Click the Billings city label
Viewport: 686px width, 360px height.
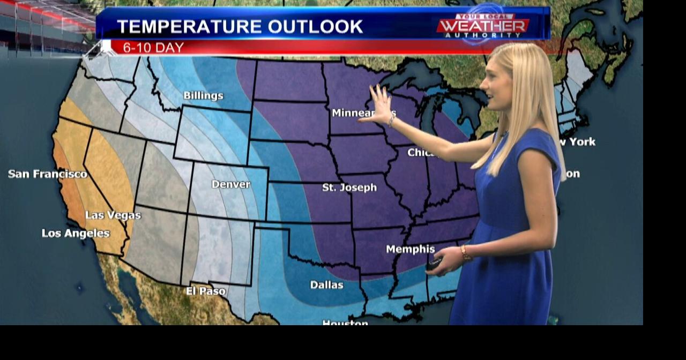pos(203,96)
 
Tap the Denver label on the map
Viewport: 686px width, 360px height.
pos(230,184)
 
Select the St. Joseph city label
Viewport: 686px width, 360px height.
pos(349,187)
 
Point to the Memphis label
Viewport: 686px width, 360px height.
pos(410,249)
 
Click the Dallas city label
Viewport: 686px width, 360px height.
pos(326,285)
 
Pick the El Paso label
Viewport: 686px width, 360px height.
pos(206,291)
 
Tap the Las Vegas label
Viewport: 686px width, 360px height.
pos(113,215)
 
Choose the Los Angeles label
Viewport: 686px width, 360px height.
pos(76,234)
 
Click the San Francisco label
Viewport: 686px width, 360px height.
pos(48,174)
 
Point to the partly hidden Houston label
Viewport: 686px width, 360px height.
pos(345,322)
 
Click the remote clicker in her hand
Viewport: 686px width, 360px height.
pos(434,264)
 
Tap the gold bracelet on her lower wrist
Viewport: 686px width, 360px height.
pos(465,253)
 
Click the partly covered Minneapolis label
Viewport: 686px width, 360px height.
pos(354,113)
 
